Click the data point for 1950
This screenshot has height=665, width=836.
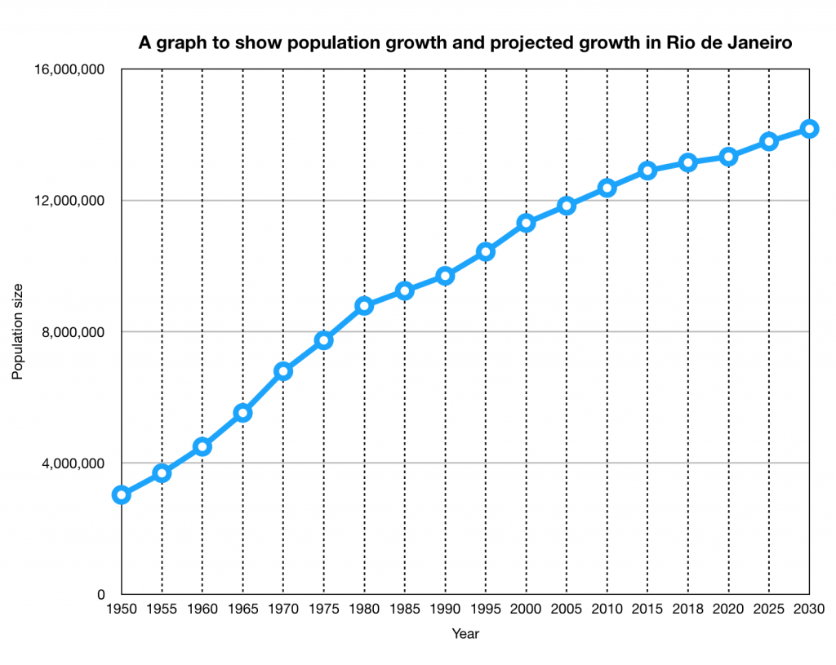click(x=122, y=494)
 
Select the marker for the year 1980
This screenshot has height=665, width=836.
click(x=364, y=306)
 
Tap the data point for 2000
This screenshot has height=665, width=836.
click(x=526, y=223)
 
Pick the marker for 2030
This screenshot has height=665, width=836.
click(x=809, y=129)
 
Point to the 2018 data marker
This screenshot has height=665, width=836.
click(x=687, y=162)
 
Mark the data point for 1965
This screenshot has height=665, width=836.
click(x=242, y=413)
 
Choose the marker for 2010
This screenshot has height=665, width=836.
click(x=607, y=188)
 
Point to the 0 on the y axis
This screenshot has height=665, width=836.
click(x=102, y=595)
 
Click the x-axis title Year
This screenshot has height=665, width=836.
click(x=465, y=633)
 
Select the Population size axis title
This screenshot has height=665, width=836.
click(x=18, y=331)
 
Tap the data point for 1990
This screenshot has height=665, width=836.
click(x=445, y=276)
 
